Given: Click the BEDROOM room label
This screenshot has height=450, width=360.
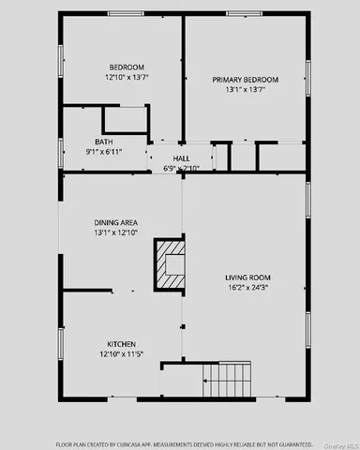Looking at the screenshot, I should tap(127, 67).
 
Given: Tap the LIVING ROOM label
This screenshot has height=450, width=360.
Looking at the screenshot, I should tap(247, 277).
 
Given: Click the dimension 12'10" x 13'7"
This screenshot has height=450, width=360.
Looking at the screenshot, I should tap(127, 78).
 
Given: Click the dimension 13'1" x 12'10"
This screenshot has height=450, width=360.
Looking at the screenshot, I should tap(116, 232).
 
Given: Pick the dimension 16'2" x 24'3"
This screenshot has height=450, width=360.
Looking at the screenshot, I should tap(247, 287).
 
